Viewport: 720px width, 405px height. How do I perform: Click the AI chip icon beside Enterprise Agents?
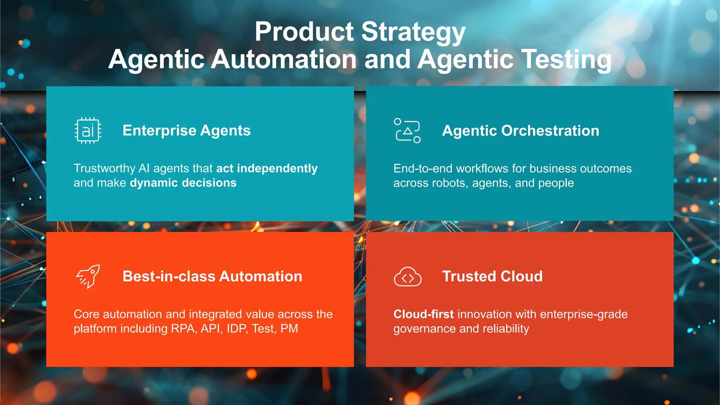click(x=88, y=131)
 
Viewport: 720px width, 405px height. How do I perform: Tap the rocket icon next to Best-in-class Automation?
click(x=88, y=276)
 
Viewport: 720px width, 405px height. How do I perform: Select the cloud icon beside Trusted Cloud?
click(x=407, y=277)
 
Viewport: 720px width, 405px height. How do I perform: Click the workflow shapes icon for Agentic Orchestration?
click(x=407, y=130)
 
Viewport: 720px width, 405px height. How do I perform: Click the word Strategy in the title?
click(x=413, y=32)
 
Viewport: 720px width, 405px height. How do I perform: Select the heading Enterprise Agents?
click(x=186, y=130)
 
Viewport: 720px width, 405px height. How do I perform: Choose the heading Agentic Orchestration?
click(x=520, y=131)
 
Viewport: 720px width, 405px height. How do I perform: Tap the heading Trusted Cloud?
click(x=492, y=276)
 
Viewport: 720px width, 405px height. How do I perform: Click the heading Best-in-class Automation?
click(x=212, y=276)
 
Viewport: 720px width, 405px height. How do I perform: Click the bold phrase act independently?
click(x=267, y=168)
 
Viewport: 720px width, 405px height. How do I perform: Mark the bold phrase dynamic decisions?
click(x=183, y=183)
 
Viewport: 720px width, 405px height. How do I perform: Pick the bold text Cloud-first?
click(x=423, y=314)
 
